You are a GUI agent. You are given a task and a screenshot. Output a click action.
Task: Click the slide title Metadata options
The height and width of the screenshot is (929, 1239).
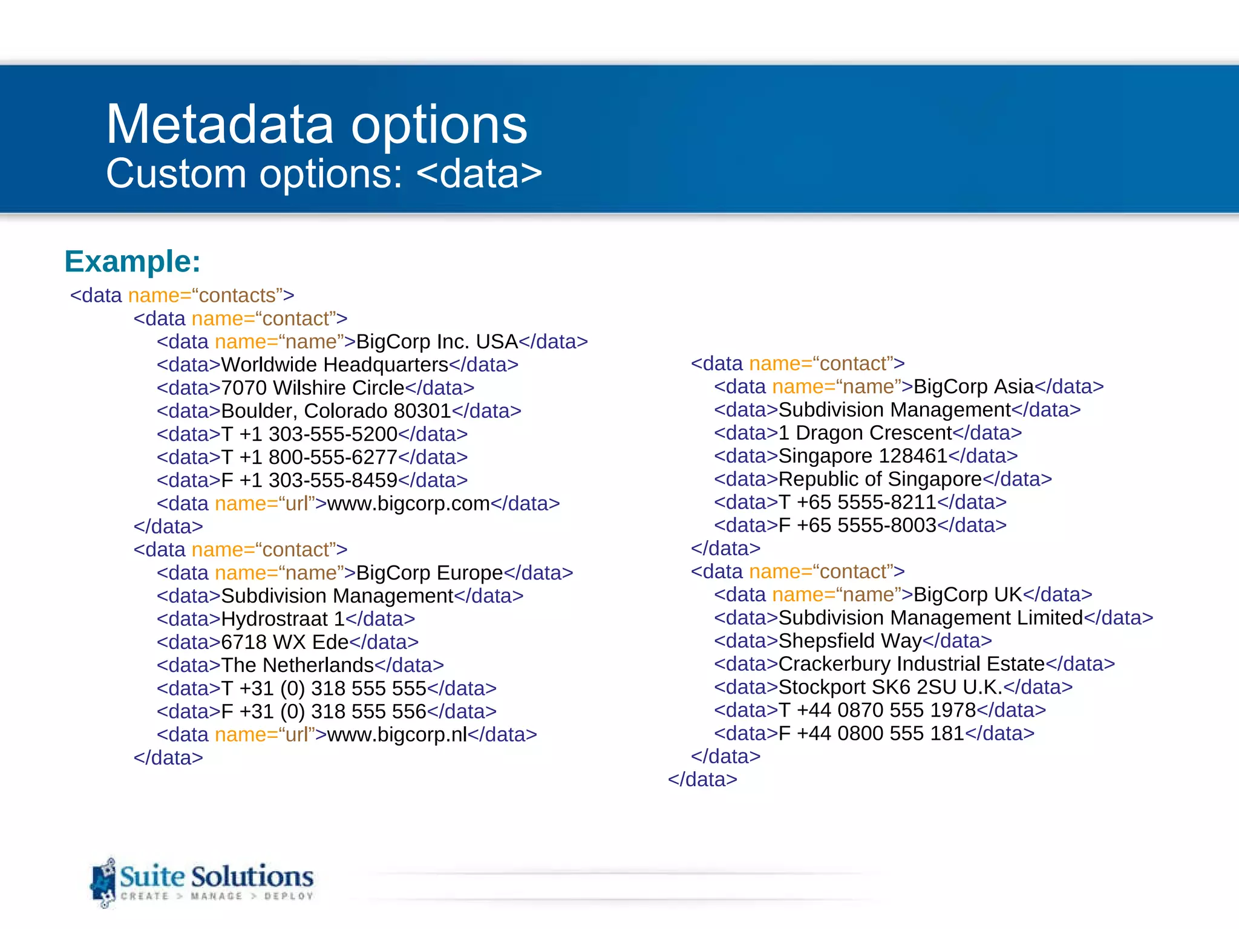[316, 125]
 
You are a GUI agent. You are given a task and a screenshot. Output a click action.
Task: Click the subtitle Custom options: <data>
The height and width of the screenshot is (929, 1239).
[324, 174]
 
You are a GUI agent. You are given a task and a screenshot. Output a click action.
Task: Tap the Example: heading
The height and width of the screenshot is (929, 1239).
[132, 261]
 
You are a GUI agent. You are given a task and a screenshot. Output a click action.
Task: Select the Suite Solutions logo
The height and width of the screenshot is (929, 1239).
[203, 882]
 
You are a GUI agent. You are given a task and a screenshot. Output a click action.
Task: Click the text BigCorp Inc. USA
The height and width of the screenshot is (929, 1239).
[437, 342]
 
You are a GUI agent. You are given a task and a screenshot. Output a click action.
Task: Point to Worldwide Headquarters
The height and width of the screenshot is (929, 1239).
[335, 365]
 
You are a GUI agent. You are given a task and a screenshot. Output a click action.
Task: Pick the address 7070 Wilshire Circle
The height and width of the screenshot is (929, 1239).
[313, 388]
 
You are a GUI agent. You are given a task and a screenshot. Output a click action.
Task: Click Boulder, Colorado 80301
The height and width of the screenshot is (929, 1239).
[336, 411]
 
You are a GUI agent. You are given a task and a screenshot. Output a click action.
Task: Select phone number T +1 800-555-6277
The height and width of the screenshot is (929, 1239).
[309, 457]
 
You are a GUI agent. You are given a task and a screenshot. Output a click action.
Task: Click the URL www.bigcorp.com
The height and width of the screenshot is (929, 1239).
[408, 503]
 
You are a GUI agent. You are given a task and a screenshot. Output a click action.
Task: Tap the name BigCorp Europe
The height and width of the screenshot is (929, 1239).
[430, 573]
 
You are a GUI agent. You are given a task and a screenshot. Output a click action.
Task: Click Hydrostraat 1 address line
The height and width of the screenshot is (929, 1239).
[283, 619]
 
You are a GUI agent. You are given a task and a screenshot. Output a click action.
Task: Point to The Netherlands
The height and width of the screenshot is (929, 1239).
[297, 665]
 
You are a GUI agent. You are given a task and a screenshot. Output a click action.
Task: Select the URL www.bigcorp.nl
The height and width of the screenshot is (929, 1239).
[397, 734]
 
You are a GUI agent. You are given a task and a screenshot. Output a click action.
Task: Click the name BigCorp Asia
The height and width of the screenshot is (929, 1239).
[973, 386]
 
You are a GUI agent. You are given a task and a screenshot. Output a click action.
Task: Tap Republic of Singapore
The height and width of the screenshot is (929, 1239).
[880, 479]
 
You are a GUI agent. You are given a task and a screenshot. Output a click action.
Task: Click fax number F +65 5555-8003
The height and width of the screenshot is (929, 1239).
[857, 525]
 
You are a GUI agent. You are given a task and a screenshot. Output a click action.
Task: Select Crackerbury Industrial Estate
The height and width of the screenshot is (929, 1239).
[911, 664]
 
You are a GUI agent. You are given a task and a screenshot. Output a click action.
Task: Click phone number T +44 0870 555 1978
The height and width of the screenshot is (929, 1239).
[877, 710]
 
